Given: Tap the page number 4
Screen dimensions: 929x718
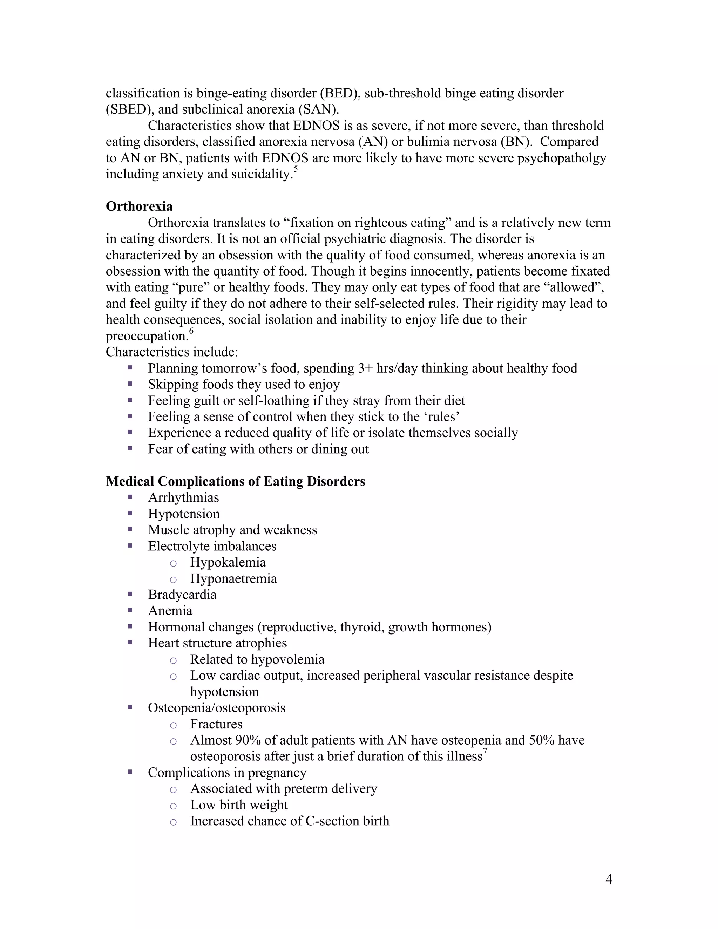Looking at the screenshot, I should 608,879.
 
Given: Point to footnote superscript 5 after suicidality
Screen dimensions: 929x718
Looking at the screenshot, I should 296,169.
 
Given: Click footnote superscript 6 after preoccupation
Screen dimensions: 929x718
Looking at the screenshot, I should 191,331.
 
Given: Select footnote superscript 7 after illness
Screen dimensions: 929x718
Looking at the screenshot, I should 485,751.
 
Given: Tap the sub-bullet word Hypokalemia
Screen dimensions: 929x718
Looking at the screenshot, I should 228,562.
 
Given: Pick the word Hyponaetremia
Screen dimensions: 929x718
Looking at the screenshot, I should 233,578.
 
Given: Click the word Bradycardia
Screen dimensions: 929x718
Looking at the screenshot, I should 182,594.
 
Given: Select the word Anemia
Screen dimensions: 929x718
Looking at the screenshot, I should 170,610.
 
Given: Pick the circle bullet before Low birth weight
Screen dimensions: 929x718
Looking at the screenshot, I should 173,806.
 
